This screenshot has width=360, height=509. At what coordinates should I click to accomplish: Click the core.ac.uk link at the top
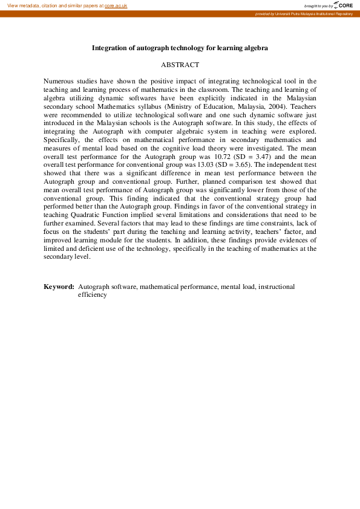pyautogui.click(x=116, y=5)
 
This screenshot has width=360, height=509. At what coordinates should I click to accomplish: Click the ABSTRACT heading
pyautogui.click(x=180, y=64)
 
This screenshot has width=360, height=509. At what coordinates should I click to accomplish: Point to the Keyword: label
pyautogui.click(x=59, y=287)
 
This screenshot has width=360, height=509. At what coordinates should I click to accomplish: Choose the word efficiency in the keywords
pyautogui.click(x=92, y=295)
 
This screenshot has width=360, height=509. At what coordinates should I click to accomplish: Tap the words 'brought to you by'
pyautogui.click(x=318, y=5)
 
